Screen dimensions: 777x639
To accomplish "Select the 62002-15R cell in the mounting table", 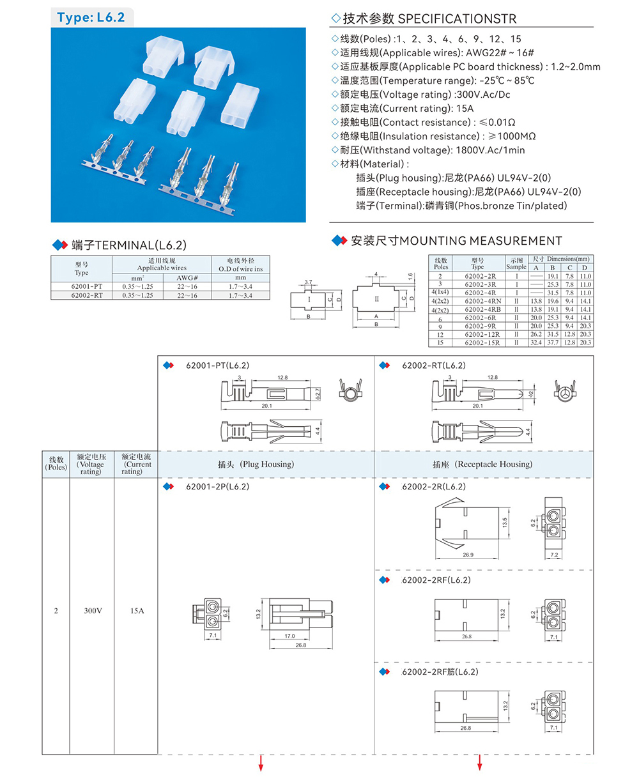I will pos(482,342).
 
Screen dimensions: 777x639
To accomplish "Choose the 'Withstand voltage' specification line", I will pos(428,150).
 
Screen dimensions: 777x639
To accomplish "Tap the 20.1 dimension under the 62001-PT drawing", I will pos(266,406).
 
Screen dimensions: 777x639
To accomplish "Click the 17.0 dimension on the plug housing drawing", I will pos(289,636).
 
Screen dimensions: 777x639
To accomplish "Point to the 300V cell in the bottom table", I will pos(93,611).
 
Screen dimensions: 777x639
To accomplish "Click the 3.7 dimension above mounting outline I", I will pos(308,282).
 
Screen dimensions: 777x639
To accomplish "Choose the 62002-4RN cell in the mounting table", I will pos(483,301).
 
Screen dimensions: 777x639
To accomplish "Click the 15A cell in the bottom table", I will pos(137,611).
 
